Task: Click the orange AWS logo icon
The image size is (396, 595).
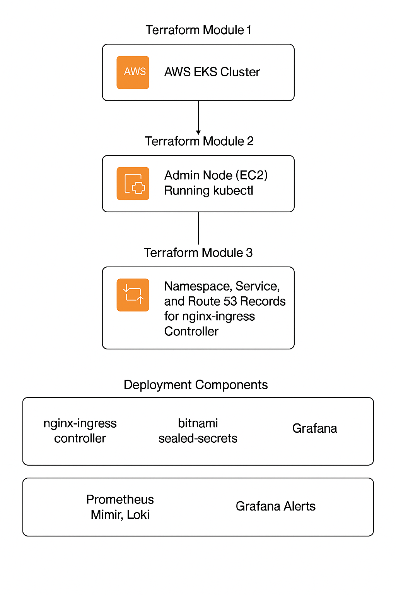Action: [133, 72]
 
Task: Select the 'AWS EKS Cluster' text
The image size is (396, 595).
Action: [212, 72]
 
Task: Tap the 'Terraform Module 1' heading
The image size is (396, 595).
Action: [198, 30]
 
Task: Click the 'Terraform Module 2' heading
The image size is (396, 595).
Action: [199, 141]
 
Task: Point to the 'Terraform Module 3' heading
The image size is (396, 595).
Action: [198, 253]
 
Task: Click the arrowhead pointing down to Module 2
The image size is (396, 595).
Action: [198, 132]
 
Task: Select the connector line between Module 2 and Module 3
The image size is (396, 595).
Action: [198, 229]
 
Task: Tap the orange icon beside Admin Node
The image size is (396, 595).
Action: [133, 184]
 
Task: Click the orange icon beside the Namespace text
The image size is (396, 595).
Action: [133, 295]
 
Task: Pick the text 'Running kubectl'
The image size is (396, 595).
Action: [208, 191]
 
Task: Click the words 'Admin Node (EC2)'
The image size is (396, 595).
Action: [216, 175]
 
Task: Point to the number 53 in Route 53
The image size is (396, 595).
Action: [230, 301]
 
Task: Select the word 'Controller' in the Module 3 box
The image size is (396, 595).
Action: [191, 332]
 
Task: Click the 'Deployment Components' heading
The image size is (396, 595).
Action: [196, 385]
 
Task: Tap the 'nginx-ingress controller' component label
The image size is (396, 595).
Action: [80, 431]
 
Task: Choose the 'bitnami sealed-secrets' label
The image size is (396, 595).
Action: [198, 431]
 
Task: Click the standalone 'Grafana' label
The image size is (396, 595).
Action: [314, 428]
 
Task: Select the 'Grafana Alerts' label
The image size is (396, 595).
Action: [275, 506]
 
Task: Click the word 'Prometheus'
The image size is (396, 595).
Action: [120, 499]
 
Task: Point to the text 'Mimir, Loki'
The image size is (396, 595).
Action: [120, 515]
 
